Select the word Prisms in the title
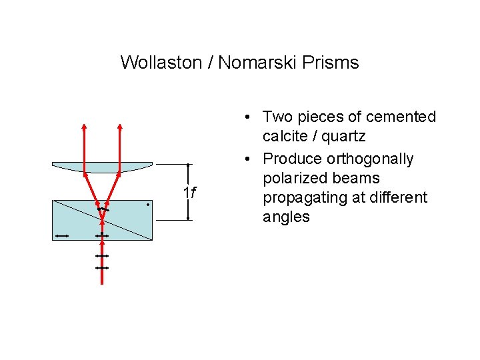332,63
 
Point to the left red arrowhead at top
84,127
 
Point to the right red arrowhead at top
120,127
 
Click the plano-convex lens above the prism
102,167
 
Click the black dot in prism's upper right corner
147,205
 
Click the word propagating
305,198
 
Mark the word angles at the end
286,217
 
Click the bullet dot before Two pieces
247,117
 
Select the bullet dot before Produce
247,159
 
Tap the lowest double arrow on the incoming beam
101,267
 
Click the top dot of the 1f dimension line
189,164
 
